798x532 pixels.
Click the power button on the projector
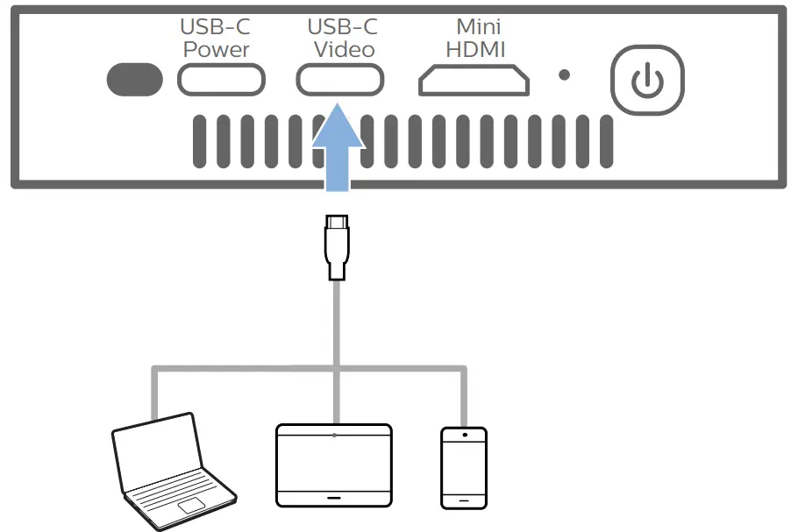click(647, 81)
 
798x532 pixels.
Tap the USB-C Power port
click(221, 81)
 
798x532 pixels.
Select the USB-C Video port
click(339, 81)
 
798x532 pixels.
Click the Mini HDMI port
click(474, 81)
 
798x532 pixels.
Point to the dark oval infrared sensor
click(134, 80)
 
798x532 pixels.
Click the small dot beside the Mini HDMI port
click(565, 76)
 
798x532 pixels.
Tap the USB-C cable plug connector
click(336, 247)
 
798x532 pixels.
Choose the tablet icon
click(334, 465)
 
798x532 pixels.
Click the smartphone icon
click(463, 466)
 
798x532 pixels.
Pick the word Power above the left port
click(217, 50)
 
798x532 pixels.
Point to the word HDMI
click(475, 50)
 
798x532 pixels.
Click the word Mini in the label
click(477, 27)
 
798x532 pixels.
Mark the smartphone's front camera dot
click(463, 434)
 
